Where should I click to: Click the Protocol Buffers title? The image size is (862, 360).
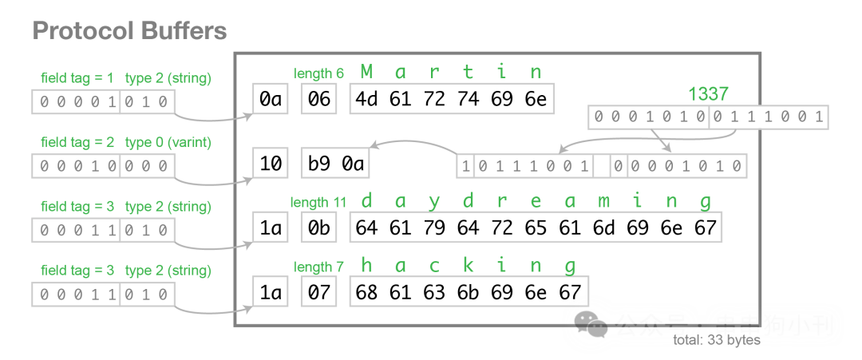coord(129,31)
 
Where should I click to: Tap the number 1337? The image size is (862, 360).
coord(708,94)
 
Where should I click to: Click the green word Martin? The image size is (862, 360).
coord(452,72)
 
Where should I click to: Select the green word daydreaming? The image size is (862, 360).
coord(536,200)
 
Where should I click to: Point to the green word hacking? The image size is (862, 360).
coord(468,265)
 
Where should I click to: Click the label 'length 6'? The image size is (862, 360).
coord(318,73)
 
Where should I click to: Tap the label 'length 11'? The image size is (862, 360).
coord(318,202)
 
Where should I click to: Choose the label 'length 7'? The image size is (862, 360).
coord(318,267)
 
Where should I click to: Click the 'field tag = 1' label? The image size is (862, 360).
coord(77,78)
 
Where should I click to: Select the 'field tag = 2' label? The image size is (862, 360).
coord(77,143)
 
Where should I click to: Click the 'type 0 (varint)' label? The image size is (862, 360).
coord(168,143)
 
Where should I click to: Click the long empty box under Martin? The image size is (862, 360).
coord(452,98)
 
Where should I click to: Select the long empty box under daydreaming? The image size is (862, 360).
coord(536,227)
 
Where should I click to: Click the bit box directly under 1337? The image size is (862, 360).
coord(709,117)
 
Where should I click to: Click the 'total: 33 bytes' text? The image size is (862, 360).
coord(716,340)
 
